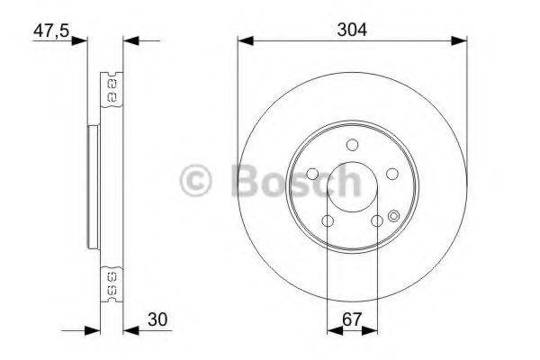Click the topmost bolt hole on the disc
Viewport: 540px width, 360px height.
(x=352, y=144)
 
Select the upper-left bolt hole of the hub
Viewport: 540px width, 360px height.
(x=311, y=175)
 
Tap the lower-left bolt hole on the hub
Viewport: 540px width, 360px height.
(x=328, y=221)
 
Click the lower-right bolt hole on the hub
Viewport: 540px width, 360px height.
(x=377, y=221)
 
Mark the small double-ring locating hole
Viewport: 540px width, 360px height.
(x=393, y=214)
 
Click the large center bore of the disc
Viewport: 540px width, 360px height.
(x=352, y=188)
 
